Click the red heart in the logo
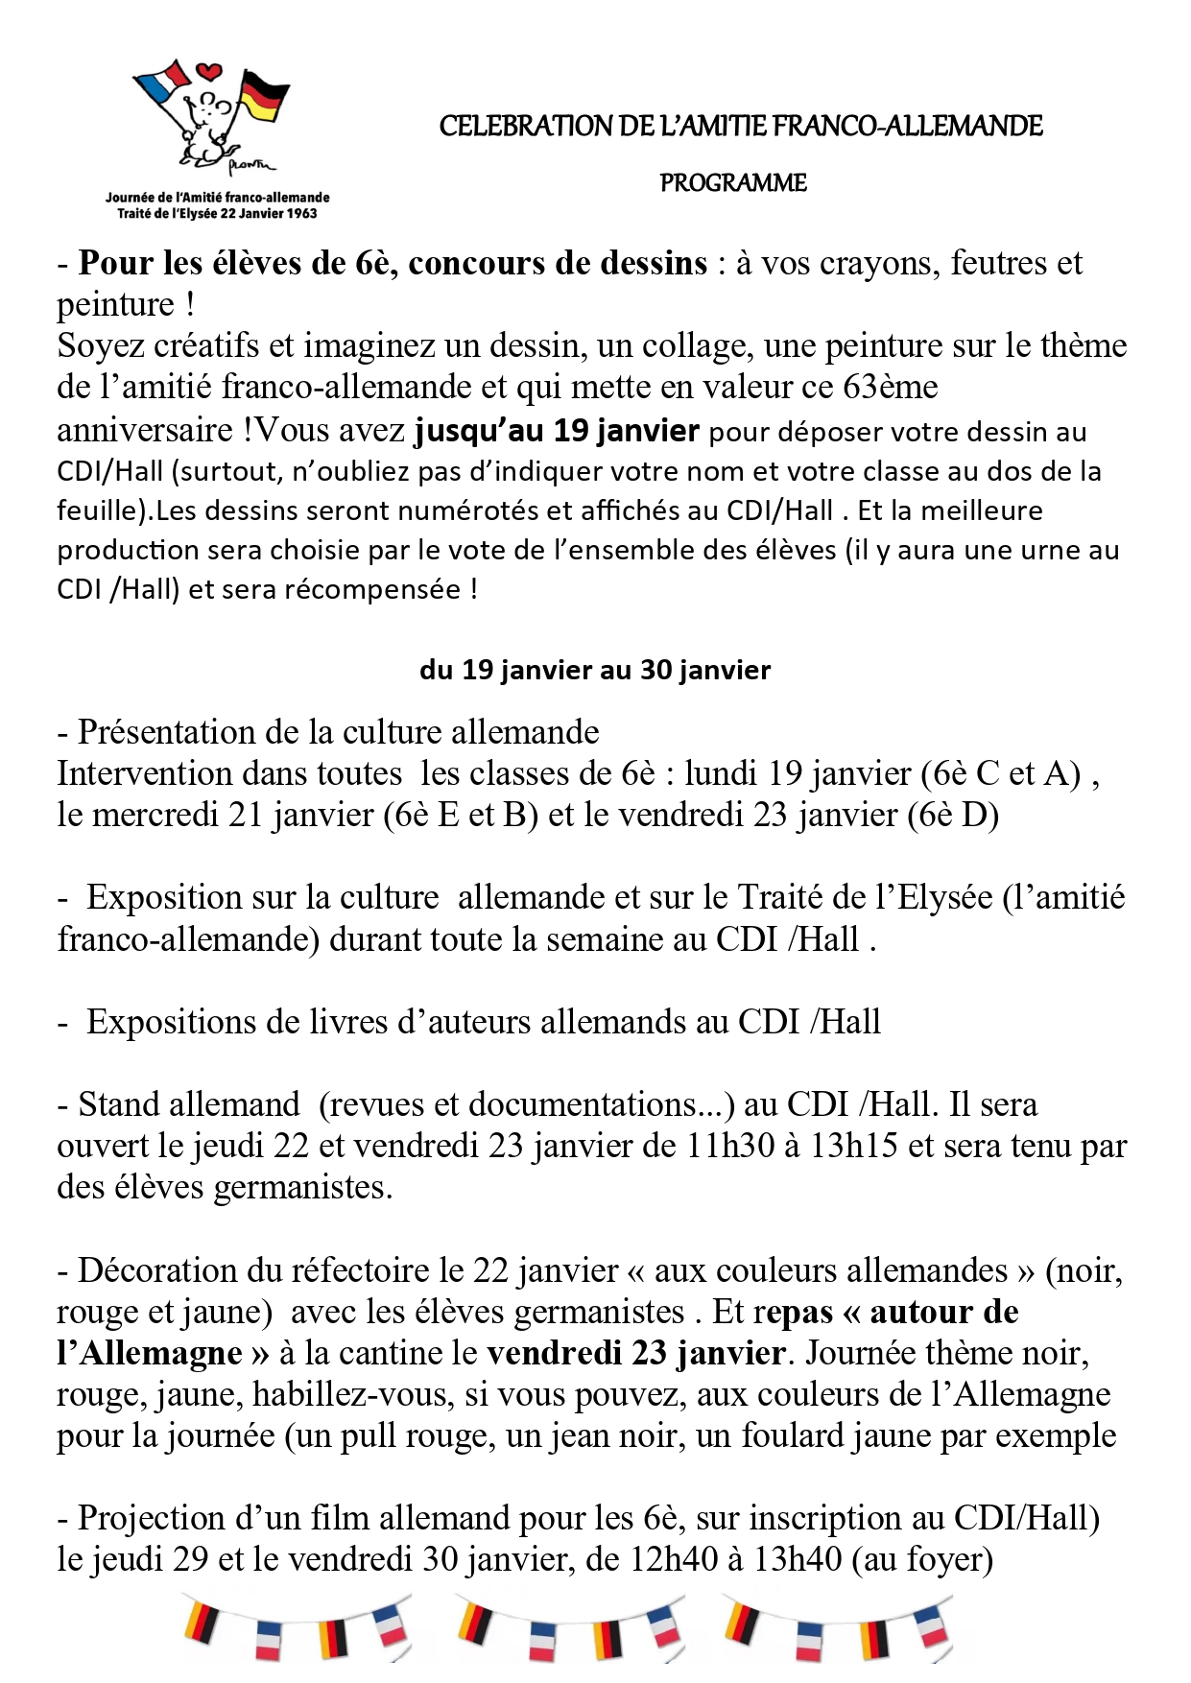(209, 72)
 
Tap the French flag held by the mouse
(165, 83)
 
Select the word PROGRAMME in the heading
(733, 183)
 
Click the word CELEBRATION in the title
(525, 126)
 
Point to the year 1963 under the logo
(301, 213)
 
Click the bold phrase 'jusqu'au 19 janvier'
(557, 430)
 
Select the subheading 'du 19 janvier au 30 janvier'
(595, 670)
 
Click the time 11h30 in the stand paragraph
(730, 1146)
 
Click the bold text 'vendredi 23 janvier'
(636, 1353)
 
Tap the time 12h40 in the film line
(672, 1559)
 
